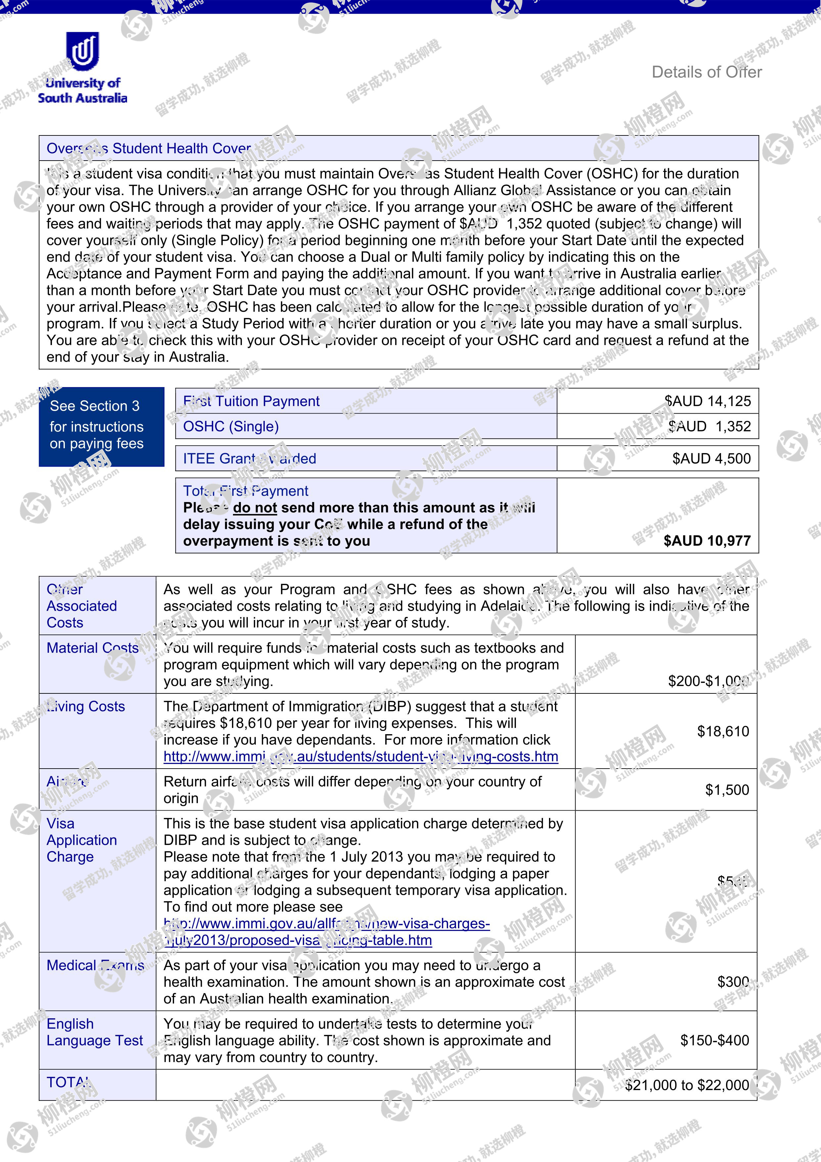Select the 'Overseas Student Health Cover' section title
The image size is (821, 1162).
[x=148, y=148]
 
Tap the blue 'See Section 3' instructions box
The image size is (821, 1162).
[x=101, y=426]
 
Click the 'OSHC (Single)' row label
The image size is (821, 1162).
[x=231, y=427]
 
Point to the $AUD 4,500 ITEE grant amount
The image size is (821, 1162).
[x=711, y=459]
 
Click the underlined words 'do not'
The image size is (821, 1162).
[x=255, y=508]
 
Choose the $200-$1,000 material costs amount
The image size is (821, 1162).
[x=708, y=681]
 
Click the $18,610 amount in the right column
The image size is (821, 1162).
[x=723, y=731]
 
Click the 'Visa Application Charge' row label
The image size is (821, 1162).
[x=81, y=840]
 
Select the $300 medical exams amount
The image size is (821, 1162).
[x=733, y=982]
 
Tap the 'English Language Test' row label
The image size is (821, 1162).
[x=95, y=1032]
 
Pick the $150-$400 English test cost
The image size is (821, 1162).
[x=714, y=1040]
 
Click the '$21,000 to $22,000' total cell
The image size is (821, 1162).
[x=686, y=1085]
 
